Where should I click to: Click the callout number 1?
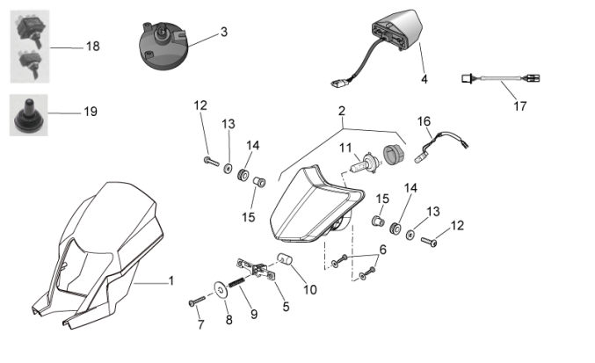tap(171, 281)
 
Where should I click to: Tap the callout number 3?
tap(224, 32)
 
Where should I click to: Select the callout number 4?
tap(424, 79)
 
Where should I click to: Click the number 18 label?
tap(92, 46)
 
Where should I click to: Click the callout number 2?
tap(342, 111)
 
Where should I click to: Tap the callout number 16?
tap(424, 120)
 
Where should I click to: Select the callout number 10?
tap(308, 289)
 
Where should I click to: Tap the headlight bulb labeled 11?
tap(364, 163)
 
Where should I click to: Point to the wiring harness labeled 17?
tap(497, 80)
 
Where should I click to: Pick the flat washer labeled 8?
tap(217, 288)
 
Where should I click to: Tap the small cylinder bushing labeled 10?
tap(285, 259)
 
